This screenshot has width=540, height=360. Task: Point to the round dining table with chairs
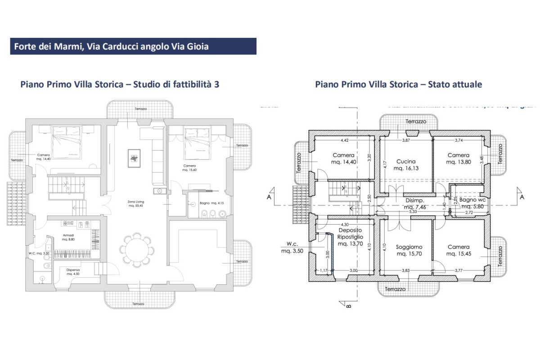click(136, 249)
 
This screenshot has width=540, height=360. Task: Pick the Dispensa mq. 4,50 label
click(73, 272)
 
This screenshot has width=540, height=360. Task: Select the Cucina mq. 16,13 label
click(406, 165)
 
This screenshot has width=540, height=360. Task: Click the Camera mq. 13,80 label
click(459, 158)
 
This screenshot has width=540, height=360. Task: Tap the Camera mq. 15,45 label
click(459, 250)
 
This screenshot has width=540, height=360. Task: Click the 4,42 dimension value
click(345, 140)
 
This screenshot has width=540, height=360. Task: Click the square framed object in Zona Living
click(134, 157)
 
